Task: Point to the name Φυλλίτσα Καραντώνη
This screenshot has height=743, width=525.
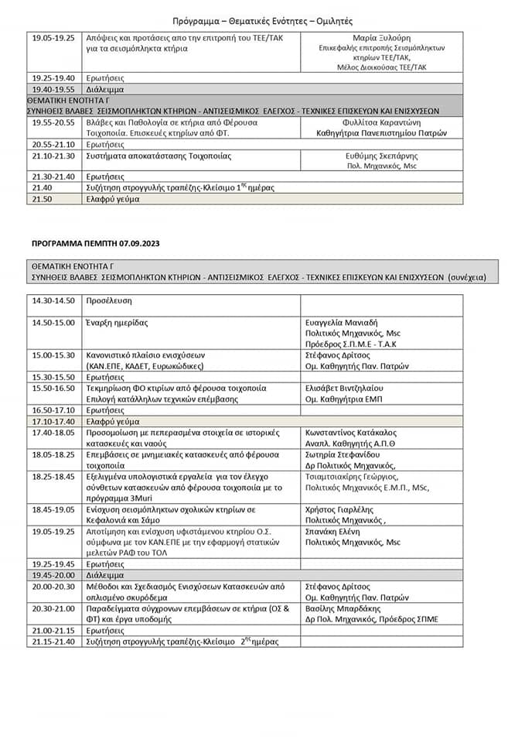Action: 382,122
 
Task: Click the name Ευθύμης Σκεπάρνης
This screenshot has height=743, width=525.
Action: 381,156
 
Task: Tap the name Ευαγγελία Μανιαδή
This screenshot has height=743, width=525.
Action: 345,323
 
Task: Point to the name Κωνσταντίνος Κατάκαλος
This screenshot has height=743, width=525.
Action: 353,432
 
